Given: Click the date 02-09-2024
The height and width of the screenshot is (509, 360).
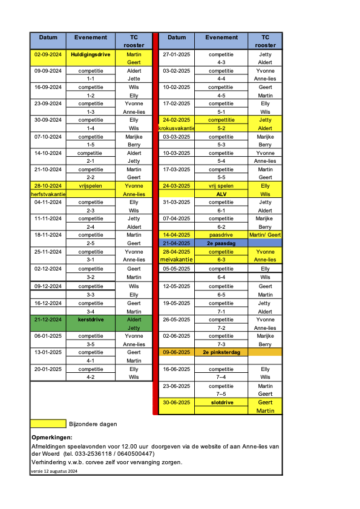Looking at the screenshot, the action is pos(48,54).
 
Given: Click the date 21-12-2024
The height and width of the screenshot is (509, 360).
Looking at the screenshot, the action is pos(48,319).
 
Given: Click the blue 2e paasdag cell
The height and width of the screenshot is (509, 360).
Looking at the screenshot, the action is pos(221,243).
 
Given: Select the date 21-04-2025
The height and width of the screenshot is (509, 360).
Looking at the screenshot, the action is pos(177,243).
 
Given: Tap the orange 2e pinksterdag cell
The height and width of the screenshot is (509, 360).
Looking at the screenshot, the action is pos(221,352).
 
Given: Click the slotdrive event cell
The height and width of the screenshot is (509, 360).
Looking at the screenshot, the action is pos(221,402).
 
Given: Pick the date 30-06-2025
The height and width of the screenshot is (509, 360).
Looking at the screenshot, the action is pos(177,402).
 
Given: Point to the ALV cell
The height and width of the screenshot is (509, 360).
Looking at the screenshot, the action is pos(221,194).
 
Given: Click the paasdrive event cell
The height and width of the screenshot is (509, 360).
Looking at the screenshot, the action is pos(221,234).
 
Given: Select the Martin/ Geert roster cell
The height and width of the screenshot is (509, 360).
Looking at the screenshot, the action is pos(265,234).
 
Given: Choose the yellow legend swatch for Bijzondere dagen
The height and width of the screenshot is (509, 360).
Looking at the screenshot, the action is pos(48,424).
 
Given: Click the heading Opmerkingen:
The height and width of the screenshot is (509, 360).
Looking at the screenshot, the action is pos(51,437).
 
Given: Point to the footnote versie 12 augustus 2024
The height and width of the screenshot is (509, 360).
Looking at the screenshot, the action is pos(54,471).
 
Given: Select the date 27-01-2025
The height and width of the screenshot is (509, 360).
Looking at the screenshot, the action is pos(177,54).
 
